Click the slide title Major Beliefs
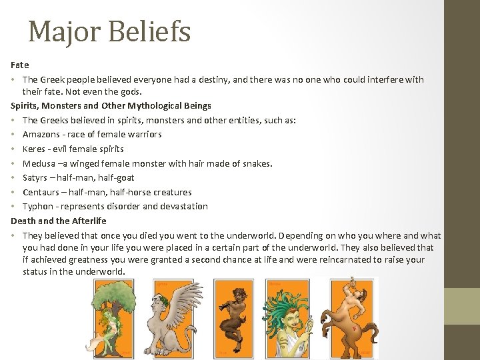click(x=109, y=31)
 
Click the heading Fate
click(x=20, y=65)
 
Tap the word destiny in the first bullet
click(x=195, y=79)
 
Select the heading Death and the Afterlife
click(x=59, y=221)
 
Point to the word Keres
click(x=34, y=149)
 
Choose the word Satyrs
click(x=36, y=177)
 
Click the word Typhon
click(x=38, y=206)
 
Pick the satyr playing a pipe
click(x=234, y=319)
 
